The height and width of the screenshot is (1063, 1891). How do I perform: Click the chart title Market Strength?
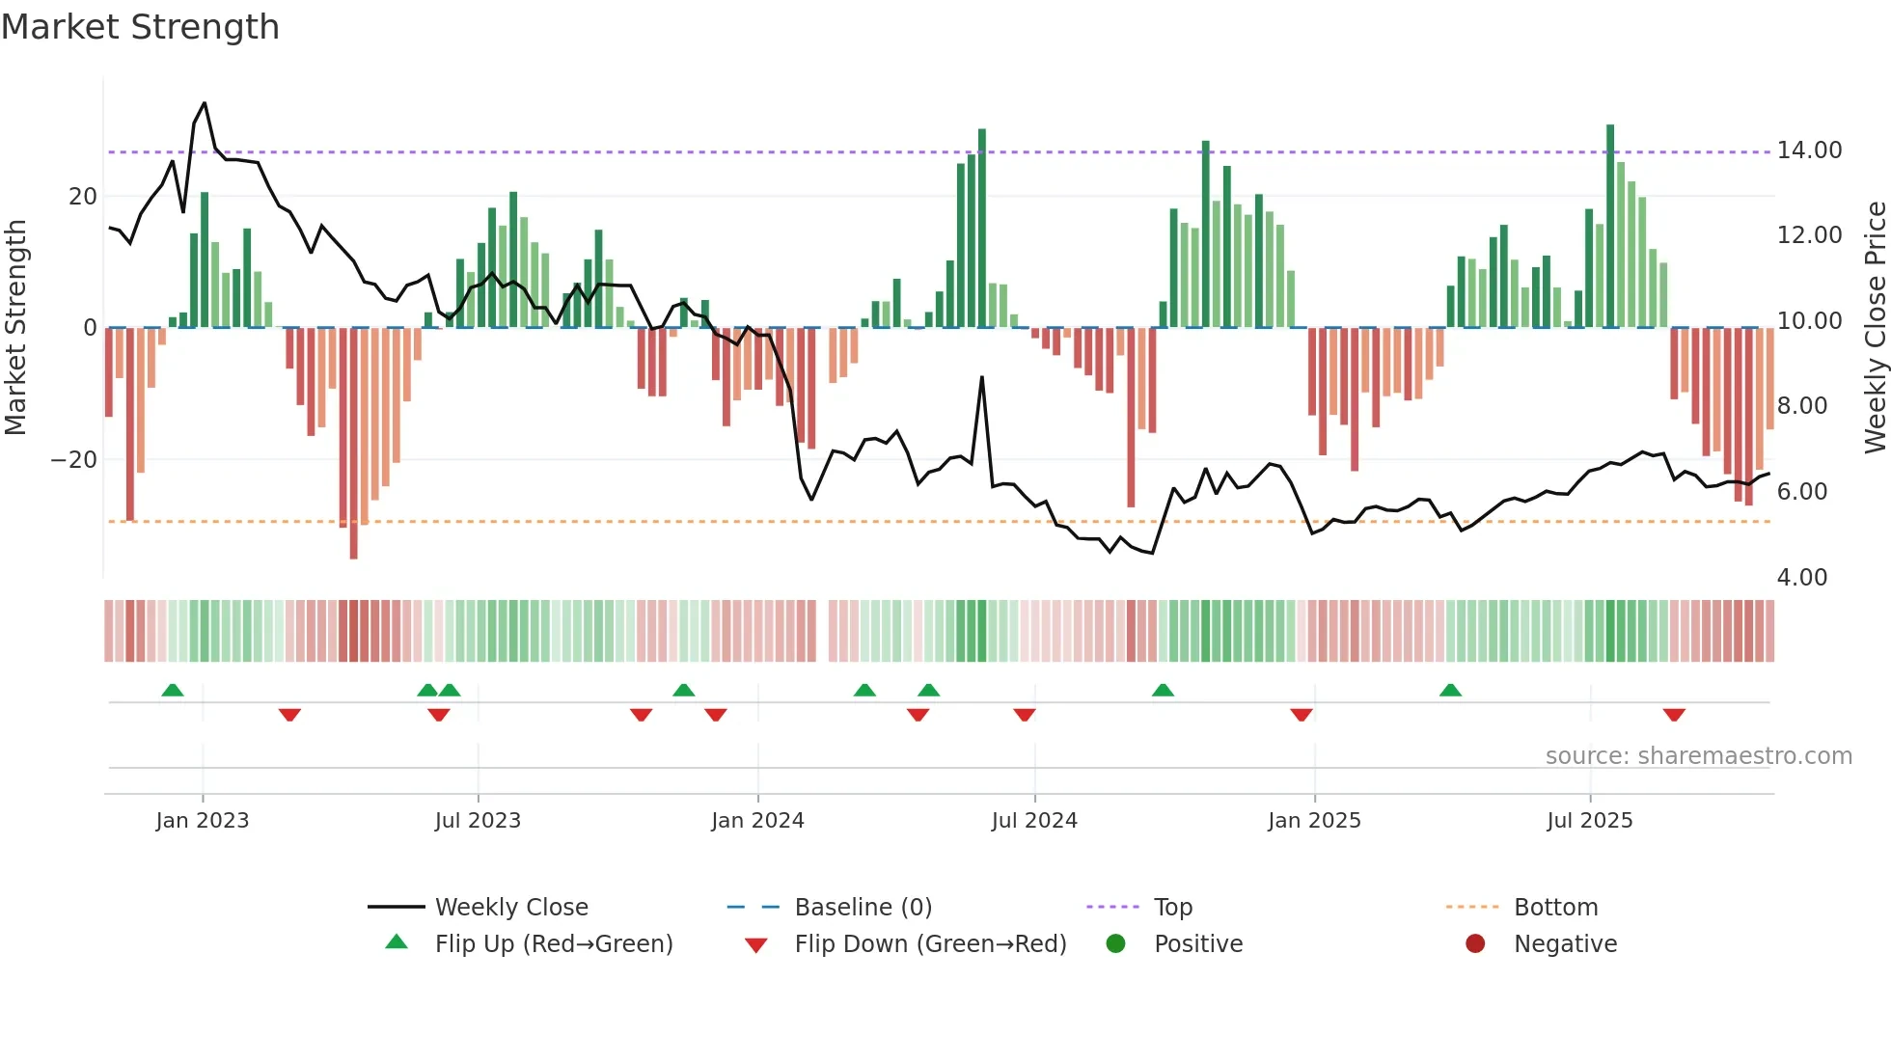(140, 27)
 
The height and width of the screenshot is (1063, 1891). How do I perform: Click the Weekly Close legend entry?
(510, 908)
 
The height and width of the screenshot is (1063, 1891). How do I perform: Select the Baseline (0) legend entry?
(863, 908)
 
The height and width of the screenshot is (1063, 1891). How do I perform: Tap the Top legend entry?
(1172, 908)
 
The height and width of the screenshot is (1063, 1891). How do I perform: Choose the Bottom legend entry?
(1555, 908)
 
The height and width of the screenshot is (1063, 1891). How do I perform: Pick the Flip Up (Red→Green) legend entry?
(553, 944)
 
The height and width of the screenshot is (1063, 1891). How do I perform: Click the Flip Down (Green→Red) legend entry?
(930, 944)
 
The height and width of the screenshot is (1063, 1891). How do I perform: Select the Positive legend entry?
(1197, 944)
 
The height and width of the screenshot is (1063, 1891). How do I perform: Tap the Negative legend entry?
(1564, 944)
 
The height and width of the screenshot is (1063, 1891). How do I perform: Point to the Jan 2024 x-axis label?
(757, 821)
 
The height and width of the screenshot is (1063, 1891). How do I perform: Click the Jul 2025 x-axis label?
(1589, 821)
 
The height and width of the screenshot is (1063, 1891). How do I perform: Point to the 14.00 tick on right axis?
(1809, 150)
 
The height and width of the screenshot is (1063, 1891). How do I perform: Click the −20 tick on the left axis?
(74, 460)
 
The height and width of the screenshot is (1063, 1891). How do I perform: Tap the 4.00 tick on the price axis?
(1801, 578)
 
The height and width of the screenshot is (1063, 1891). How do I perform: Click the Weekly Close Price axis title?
(1875, 328)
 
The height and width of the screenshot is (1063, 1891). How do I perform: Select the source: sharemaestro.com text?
(1698, 756)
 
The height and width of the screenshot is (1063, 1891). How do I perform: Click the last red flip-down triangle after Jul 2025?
(1674, 715)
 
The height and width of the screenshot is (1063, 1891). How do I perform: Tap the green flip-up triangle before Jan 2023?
(173, 690)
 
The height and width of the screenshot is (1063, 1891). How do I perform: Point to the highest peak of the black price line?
(205, 103)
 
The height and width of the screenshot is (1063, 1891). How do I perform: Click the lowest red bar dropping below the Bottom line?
(354, 540)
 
